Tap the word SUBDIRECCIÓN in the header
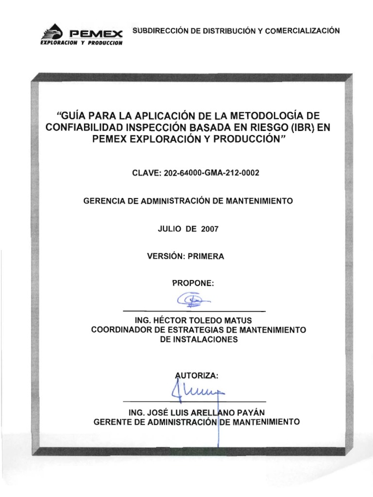coord(156,31)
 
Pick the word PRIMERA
coord(207,257)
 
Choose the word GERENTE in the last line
coord(111,422)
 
